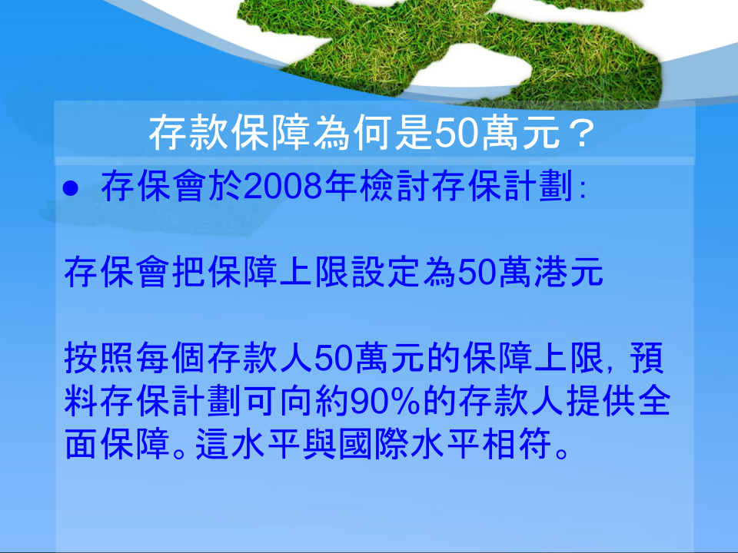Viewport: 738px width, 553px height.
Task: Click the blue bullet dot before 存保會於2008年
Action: [70, 189]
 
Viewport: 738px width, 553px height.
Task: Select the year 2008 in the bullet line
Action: [283, 186]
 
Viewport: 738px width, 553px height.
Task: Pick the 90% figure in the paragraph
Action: [385, 401]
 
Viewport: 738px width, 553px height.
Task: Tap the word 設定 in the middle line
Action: [385, 272]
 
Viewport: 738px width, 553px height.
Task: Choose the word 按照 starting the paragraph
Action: [99, 359]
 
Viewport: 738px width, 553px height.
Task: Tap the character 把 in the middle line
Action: [189, 272]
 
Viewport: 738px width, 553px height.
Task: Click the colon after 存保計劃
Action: [583, 190]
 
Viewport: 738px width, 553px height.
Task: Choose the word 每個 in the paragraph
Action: [171, 359]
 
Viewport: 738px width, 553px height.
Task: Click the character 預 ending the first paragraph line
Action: [648, 359]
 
